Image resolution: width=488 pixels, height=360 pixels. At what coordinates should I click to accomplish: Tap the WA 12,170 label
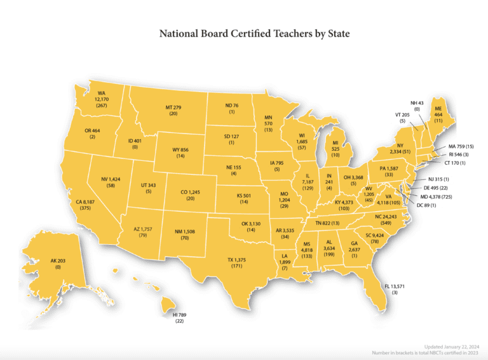click(101, 99)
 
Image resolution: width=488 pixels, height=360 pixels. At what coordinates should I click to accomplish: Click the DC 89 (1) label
click(428, 205)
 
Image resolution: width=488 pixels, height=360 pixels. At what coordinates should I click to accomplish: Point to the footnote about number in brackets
click(424, 352)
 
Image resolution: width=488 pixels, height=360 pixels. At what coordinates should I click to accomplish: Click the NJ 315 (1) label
click(438, 179)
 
